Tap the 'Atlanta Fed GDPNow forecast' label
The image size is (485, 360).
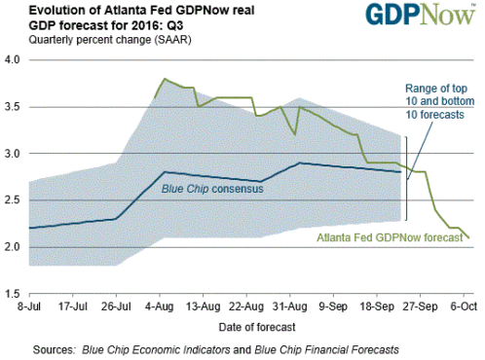pos(391,236)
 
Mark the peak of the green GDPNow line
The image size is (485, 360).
pos(164,79)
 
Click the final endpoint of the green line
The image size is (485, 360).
pos(468,237)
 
